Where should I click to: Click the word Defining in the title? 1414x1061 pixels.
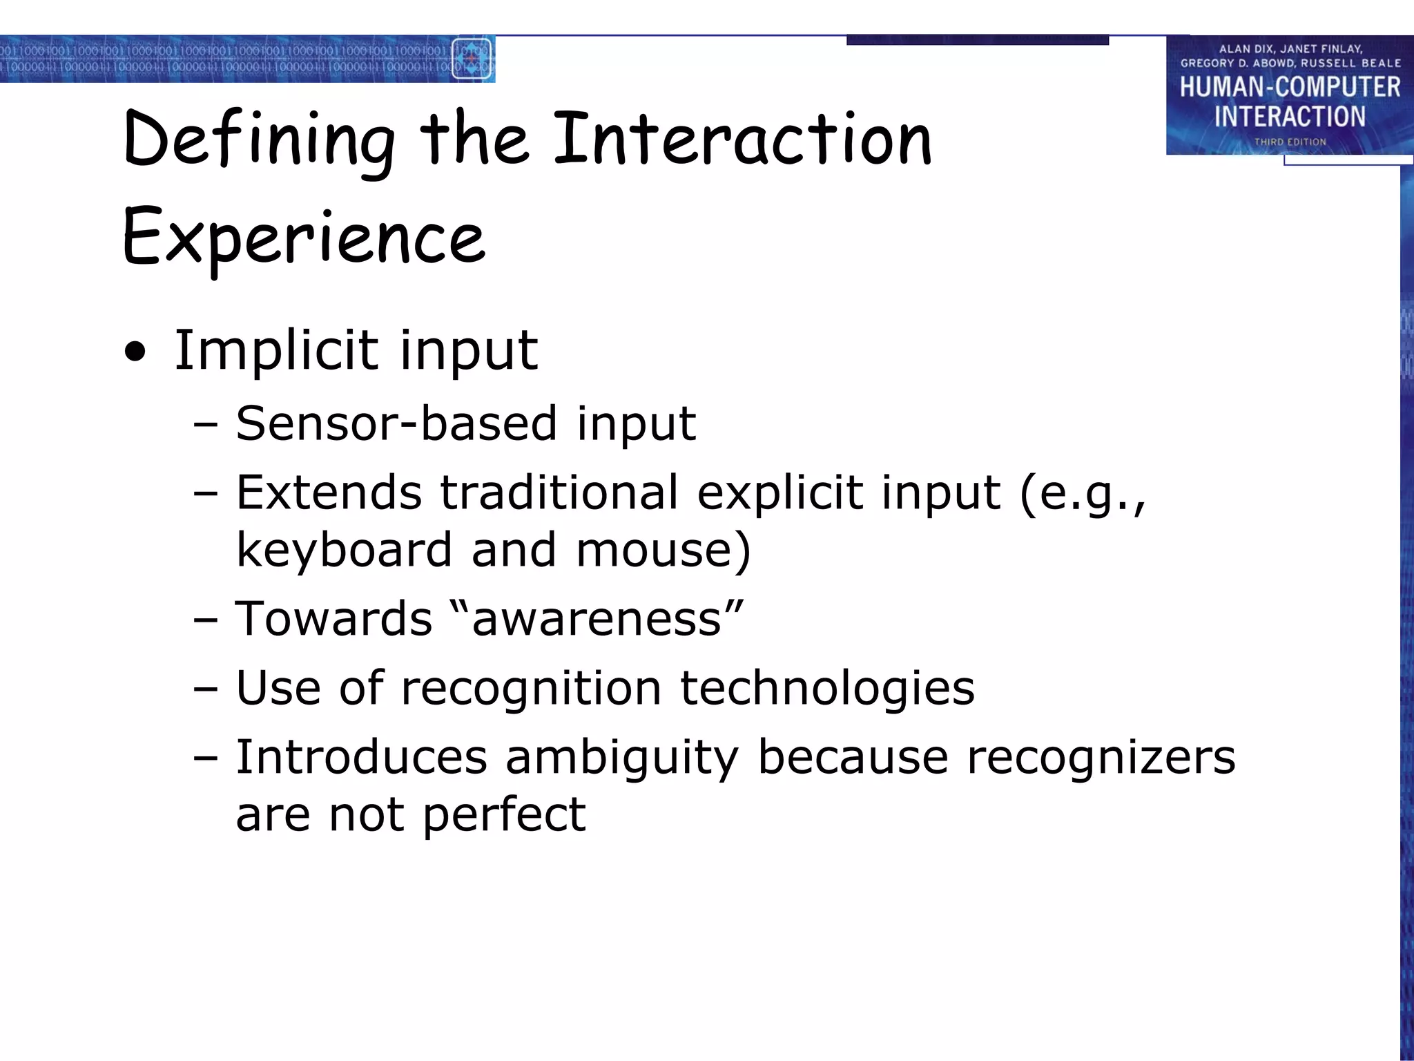259,142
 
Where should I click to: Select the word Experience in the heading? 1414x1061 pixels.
304,238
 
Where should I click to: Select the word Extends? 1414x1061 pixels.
329,493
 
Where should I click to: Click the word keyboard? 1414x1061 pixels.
344,550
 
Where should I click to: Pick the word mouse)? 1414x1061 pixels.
663,550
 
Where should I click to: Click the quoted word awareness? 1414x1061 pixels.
597,618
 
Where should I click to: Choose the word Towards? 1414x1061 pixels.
333,618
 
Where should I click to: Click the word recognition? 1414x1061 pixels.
531,689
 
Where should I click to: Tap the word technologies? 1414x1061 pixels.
827,689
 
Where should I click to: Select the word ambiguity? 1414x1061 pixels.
621,758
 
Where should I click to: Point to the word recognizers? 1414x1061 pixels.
1101,758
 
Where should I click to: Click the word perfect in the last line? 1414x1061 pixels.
504,815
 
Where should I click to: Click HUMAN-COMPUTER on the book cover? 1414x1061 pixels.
1290,87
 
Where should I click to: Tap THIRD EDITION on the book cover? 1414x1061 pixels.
1290,142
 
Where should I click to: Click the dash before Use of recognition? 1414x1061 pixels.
206,689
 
